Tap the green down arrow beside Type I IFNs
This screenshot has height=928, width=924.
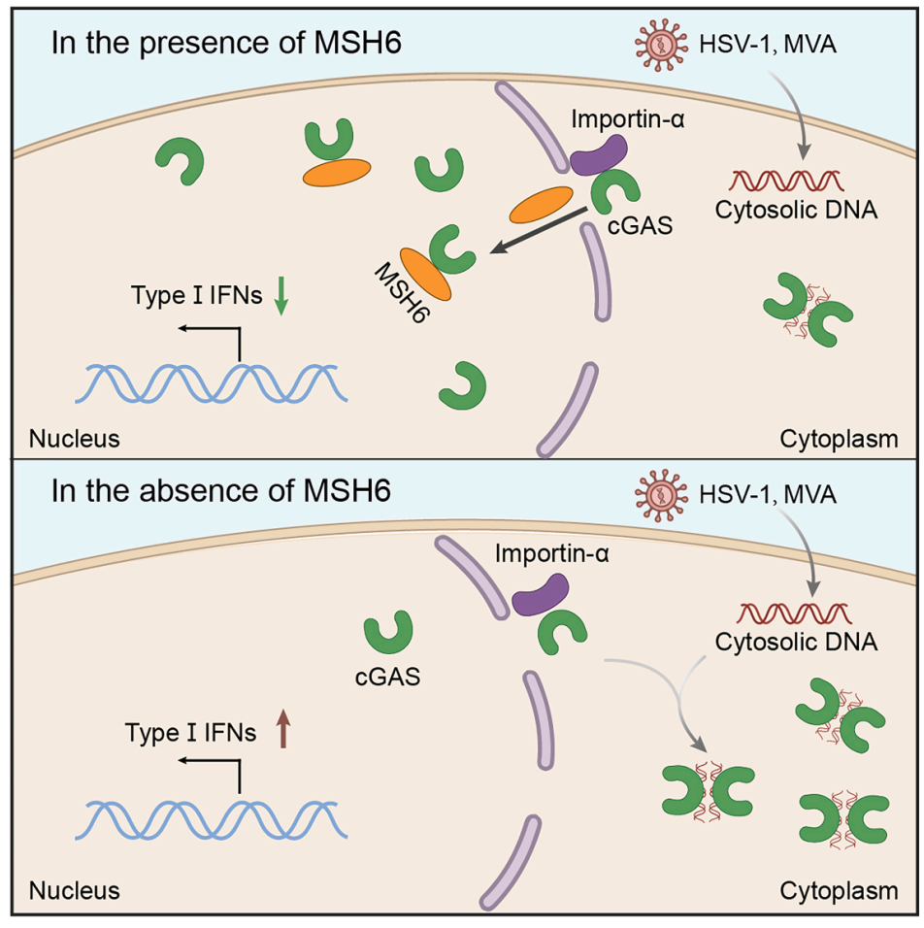(280, 295)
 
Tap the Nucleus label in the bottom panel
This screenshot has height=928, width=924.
(75, 889)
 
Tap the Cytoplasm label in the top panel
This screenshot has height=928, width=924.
(839, 439)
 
